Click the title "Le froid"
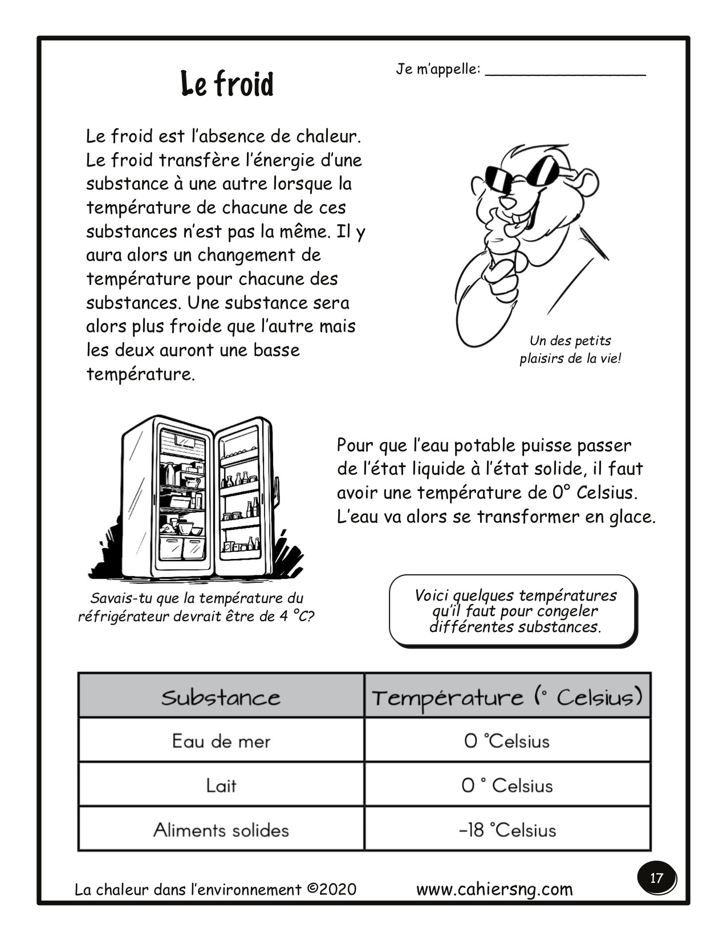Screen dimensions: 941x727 (x=227, y=84)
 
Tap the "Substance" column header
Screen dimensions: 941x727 (x=221, y=697)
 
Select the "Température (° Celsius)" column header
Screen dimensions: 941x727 (x=507, y=697)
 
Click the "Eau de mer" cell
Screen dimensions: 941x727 (x=221, y=741)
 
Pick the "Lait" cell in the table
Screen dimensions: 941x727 (x=221, y=785)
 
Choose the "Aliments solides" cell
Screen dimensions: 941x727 (x=221, y=829)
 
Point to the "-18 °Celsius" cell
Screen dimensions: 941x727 (x=507, y=829)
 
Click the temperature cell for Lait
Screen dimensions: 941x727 (x=507, y=785)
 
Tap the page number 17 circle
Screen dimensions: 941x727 (x=656, y=877)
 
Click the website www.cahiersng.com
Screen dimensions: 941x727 (x=494, y=889)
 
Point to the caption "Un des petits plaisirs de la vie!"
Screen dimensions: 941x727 (x=570, y=350)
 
